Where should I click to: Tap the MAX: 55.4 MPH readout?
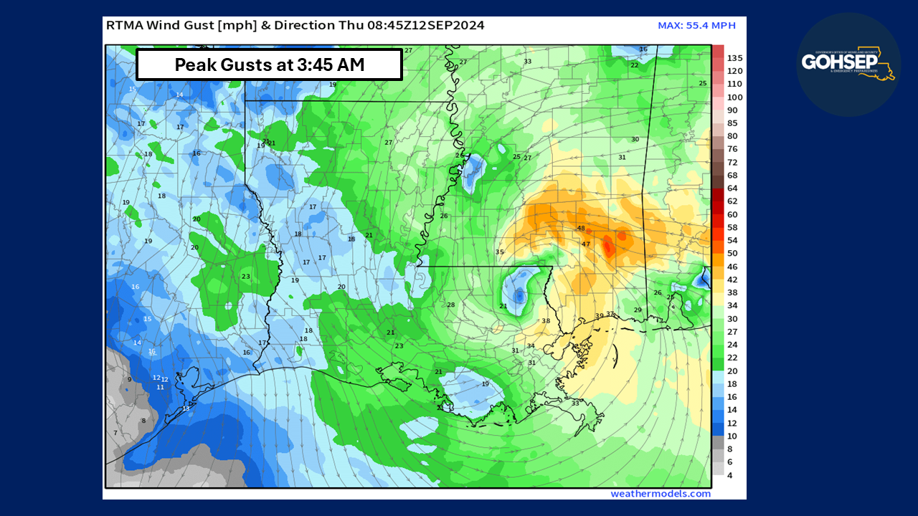coord(696,26)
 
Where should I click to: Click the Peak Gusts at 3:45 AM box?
coord(269,64)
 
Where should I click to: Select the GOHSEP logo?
coord(848,64)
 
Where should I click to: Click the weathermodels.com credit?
coord(661,493)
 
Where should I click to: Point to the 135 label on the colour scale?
coord(734,58)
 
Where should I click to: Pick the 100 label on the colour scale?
coord(734,97)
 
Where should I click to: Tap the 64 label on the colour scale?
coord(732,188)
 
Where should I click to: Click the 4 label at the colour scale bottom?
coord(729,475)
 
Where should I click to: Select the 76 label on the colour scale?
coord(732,149)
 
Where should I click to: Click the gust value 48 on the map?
coord(581,229)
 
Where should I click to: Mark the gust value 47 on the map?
coord(586,244)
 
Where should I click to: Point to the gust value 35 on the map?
coord(499,252)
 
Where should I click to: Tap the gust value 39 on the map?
coord(599,316)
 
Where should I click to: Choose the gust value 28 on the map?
coord(451,305)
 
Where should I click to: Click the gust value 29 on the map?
coord(638,310)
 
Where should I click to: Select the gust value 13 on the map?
coord(186,408)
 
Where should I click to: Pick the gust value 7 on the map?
coord(115,433)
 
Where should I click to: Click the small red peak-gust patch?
coord(608,247)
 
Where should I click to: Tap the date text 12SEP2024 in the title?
coord(450,25)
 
